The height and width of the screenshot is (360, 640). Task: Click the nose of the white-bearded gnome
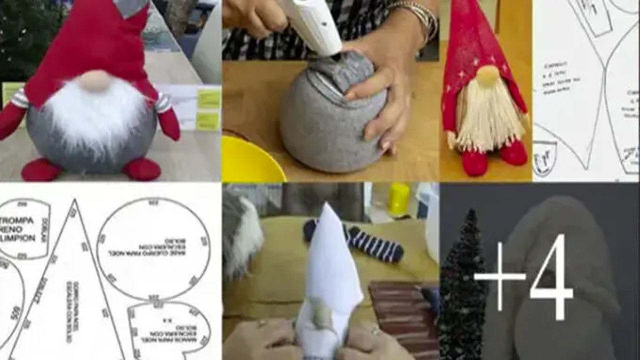coord(95,80)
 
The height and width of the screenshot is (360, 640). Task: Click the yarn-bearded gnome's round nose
coord(487,75)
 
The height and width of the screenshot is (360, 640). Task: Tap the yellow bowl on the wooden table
coord(250,160)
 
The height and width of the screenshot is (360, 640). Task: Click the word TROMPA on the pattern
coord(17,220)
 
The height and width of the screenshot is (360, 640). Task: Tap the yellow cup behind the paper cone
coord(398,199)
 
